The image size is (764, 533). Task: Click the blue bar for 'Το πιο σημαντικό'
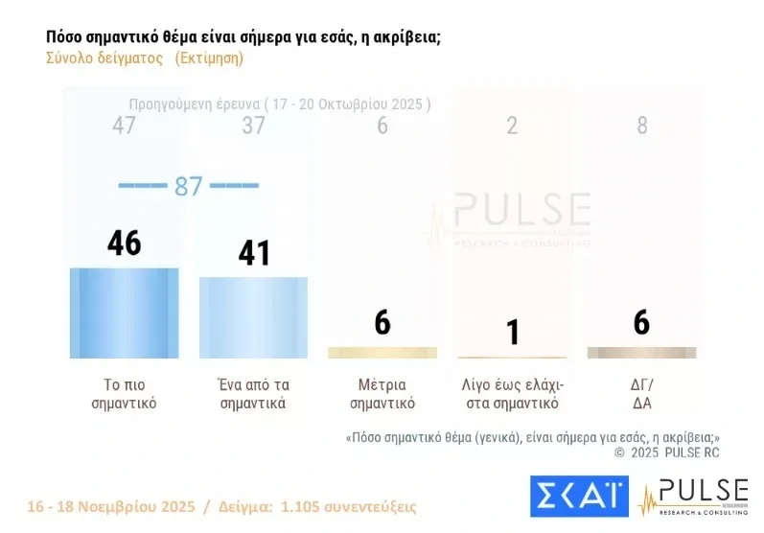pos(124,313)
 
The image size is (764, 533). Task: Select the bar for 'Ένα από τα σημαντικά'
pos(253,317)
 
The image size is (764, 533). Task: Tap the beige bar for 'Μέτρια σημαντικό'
pos(382,353)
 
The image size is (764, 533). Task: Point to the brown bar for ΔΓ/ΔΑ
pos(641,353)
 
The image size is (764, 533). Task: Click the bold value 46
pos(124,243)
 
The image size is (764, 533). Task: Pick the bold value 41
pos(253,253)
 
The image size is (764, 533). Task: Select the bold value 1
pos(513,332)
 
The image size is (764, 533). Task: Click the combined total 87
pos(188,186)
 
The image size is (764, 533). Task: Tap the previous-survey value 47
pos(124,126)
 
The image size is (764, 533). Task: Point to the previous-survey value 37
pos(253,126)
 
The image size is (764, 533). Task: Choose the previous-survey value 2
pos(512,126)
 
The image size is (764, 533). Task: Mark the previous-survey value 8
pos(642,126)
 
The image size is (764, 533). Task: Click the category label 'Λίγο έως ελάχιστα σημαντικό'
pos(512,394)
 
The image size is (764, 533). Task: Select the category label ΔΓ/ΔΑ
pos(641,394)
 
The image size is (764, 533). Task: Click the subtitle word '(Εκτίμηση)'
pos(209,58)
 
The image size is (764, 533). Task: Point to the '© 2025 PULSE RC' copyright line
pos(667,452)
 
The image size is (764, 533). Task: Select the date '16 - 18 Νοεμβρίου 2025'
pos(111,506)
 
